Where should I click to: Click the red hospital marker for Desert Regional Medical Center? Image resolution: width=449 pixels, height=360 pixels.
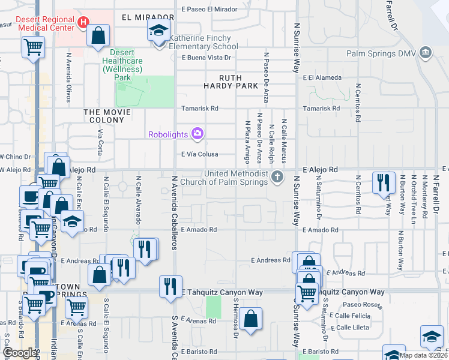tap(83, 20)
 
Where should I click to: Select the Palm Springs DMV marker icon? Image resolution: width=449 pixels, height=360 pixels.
tap(426, 53)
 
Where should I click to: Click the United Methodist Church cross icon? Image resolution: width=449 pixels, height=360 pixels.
tap(277, 176)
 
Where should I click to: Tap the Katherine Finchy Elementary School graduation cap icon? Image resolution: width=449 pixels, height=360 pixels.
tap(159, 32)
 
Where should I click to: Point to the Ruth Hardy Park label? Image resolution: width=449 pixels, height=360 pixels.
tap(238, 82)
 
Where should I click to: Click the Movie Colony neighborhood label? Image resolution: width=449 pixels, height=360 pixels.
tap(107, 116)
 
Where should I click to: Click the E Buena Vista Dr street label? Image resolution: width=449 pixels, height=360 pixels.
tap(206, 58)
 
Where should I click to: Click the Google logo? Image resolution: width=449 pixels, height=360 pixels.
tap(19, 353)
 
